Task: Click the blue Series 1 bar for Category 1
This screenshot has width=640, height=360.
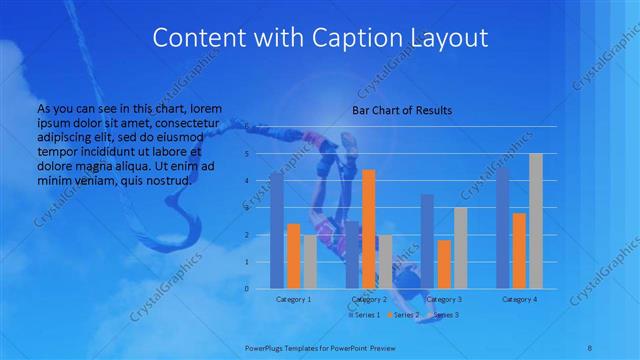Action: coord(276,231)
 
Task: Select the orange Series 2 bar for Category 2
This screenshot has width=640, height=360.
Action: coord(369,229)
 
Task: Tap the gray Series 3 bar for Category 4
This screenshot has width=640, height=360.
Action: coord(536,221)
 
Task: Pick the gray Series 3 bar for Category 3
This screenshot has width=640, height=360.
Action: coord(460,248)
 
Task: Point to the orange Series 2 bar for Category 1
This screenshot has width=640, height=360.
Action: coord(293,256)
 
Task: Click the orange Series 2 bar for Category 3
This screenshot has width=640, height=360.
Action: coord(444,264)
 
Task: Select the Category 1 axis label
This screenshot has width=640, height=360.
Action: coord(293,299)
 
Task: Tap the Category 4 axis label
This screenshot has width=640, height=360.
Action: coord(519,299)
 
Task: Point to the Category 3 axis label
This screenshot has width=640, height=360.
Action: coord(444,299)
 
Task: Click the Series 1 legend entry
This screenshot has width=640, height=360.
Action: coord(363,315)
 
